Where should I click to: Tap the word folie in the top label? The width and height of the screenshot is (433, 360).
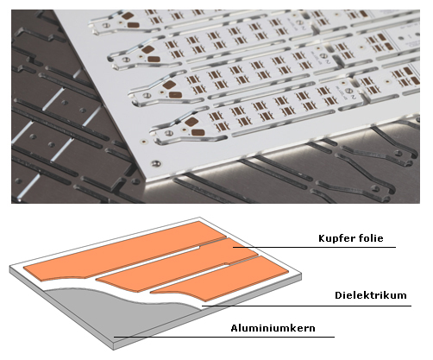372,238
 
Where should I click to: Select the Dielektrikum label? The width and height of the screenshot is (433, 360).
371,295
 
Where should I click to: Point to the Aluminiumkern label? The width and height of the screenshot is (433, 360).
273,328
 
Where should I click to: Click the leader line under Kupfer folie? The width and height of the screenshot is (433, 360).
314,247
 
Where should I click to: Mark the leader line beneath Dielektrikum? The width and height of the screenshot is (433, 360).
306,306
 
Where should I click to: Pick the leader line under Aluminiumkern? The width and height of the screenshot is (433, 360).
224,337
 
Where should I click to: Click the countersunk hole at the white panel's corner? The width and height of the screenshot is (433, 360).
155,163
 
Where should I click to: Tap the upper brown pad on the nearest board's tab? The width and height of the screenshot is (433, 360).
191,122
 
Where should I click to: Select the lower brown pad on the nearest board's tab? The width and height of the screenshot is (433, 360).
198,133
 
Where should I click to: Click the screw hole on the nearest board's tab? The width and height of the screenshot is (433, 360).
168,133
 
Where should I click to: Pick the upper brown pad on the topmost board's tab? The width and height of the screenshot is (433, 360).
127,16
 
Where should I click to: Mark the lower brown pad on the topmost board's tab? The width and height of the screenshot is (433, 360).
134,25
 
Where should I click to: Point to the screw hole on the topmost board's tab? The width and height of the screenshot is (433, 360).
107,26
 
